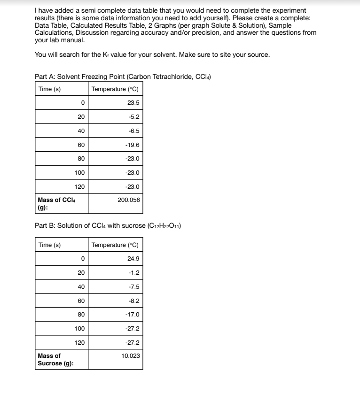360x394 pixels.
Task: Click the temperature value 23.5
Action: (133, 103)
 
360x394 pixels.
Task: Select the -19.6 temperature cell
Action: (132, 145)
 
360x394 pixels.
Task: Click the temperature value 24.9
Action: (133, 259)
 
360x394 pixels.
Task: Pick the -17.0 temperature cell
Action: (132, 315)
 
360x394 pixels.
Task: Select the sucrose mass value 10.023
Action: (130, 355)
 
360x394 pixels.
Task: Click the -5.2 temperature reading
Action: (133, 117)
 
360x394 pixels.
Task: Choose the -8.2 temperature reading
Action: (133, 301)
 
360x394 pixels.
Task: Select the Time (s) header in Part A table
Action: (49, 89)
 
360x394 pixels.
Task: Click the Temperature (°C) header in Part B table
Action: (115, 245)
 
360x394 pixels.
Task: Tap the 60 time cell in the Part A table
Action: (81, 145)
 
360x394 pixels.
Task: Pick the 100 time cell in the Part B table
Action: (79, 329)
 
